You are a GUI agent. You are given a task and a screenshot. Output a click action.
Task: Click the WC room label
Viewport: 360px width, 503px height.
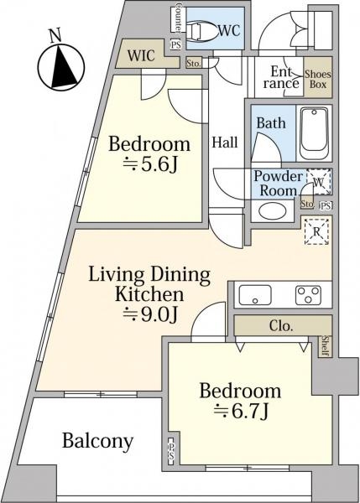[229, 31]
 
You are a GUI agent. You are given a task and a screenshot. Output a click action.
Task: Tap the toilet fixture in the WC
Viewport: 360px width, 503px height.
[200, 31]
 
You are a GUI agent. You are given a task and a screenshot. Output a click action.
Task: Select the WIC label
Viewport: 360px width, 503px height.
[141, 56]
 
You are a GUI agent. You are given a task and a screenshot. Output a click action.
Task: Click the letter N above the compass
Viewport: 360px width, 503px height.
[55, 35]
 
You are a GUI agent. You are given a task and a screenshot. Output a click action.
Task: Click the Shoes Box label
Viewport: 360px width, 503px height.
[317, 80]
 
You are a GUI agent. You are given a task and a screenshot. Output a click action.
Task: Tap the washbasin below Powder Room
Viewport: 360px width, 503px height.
[273, 211]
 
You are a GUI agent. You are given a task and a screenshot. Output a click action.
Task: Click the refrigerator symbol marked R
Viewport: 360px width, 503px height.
[316, 231]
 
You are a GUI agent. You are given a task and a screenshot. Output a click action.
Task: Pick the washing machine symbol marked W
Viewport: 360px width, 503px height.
[319, 182]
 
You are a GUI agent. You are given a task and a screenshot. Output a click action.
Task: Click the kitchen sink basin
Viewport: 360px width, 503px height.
[255, 295]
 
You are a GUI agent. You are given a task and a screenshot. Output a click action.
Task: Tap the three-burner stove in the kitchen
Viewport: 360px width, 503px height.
[308, 295]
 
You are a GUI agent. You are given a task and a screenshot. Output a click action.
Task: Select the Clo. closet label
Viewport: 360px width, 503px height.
[281, 326]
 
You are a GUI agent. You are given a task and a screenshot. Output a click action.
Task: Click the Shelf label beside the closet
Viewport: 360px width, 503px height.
[325, 346]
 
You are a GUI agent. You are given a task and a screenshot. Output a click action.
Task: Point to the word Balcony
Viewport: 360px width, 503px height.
[97, 442]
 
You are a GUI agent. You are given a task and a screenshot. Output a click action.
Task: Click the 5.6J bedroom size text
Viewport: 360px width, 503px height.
[150, 165]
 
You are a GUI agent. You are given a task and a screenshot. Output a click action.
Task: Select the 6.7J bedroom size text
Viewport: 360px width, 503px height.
[241, 412]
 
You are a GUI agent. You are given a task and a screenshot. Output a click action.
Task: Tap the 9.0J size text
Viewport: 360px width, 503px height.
[150, 314]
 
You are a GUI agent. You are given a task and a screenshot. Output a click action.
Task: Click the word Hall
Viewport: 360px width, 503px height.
[225, 143]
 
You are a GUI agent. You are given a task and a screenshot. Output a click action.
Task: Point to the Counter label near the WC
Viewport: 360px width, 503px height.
[179, 18]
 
